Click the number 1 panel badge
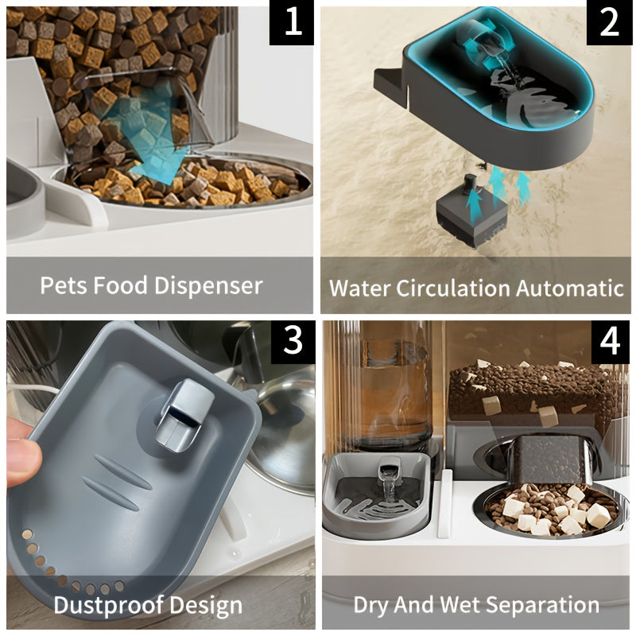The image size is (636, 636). click(291, 23)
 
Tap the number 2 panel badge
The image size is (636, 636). click(609, 23)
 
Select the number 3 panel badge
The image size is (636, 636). click(293, 341)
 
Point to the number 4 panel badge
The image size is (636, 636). click(610, 341)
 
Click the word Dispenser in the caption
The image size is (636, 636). click(208, 285)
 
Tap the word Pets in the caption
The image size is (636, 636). click(64, 285)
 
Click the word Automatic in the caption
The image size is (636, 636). click(570, 289)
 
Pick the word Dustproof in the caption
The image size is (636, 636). click(108, 606)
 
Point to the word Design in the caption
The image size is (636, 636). click(206, 606)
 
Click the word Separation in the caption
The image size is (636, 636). click(542, 605)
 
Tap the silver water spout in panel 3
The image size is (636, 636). click(184, 416)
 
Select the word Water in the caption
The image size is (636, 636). click(360, 289)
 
